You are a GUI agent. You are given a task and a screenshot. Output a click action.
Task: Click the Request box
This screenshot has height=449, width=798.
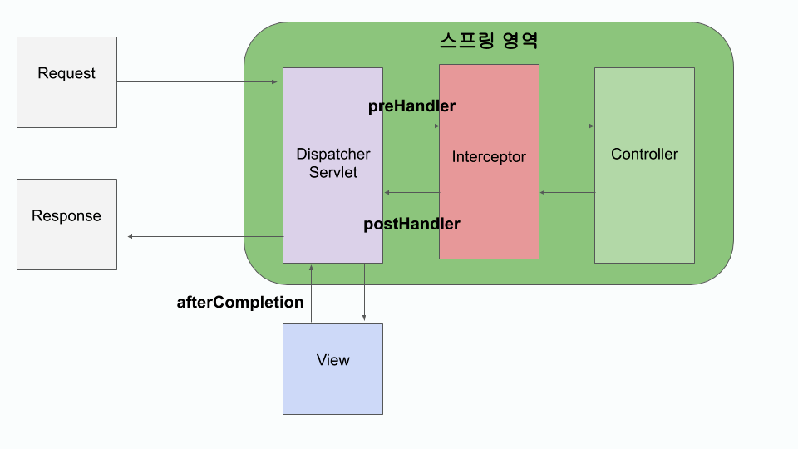click(66, 81)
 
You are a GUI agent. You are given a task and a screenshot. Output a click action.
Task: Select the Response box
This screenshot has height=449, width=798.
click(66, 224)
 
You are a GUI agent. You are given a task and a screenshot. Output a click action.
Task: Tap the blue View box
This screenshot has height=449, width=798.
click(332, 368)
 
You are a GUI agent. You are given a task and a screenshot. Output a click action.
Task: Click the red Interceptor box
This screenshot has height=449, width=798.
click(489, 161)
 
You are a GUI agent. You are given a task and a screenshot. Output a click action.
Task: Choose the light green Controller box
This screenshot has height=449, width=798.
click(644, 165)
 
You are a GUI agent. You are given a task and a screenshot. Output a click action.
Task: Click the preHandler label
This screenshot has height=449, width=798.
click(411, 106)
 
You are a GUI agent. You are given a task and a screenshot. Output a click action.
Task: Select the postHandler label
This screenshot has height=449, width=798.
click(411, 224)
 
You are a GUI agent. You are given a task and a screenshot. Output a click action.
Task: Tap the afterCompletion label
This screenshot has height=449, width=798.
click(240, 302)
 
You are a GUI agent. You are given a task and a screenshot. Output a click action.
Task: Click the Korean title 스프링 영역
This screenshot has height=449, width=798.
click(489, 40)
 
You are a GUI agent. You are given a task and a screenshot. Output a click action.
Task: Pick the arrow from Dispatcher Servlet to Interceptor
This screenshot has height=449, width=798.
click(411, 126)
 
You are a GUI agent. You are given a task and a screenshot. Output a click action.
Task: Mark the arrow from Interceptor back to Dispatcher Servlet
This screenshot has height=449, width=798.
click(411, 193)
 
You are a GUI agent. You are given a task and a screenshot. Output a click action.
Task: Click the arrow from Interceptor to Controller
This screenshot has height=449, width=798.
click(567, 126)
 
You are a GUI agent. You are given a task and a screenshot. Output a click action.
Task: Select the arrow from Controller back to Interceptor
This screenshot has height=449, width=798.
click(567, 193)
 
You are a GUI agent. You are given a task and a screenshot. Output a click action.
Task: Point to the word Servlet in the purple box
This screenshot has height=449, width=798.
click(332, 173)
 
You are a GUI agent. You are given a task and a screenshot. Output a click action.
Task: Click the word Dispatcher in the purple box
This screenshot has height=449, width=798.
click(332, 155)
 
